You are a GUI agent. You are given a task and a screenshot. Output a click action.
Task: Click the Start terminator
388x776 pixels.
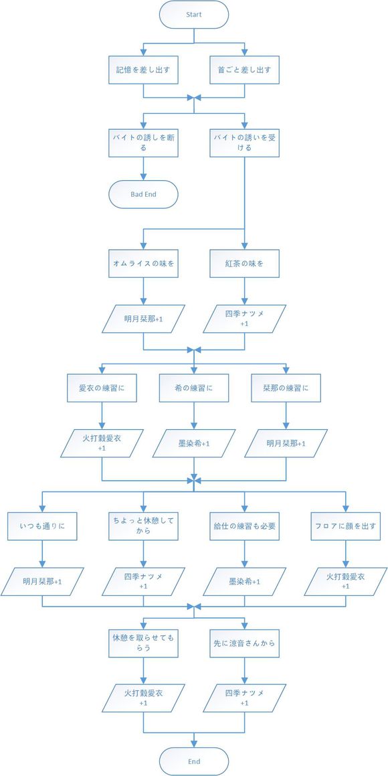point(194,14)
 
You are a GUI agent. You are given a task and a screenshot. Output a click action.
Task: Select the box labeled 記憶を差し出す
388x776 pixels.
point(143,69)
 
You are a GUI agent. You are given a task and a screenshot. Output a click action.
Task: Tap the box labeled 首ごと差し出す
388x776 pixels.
point(244,69)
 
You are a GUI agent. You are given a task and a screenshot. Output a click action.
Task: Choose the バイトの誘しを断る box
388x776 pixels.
point(143,142)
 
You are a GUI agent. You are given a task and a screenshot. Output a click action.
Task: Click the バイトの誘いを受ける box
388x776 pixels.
point(244,142)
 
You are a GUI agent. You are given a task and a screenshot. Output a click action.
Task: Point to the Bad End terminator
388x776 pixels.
point(143,194)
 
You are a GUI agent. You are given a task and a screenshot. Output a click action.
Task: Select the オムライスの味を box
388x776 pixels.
point(143,264)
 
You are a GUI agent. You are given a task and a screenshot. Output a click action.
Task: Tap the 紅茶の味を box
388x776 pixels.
point(244,264)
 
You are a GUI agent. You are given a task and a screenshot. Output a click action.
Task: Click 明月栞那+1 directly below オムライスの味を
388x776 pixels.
point(143,319)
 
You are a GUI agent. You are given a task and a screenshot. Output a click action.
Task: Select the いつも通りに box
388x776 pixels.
point(42,526)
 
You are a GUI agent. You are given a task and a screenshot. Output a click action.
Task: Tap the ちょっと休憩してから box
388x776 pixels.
point(143,526)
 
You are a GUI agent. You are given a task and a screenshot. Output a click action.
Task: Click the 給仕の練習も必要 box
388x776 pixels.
point(244,526)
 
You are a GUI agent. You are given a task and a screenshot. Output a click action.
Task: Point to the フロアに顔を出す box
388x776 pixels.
point(345,526)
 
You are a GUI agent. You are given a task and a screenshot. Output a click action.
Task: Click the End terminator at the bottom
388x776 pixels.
point(194,761)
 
